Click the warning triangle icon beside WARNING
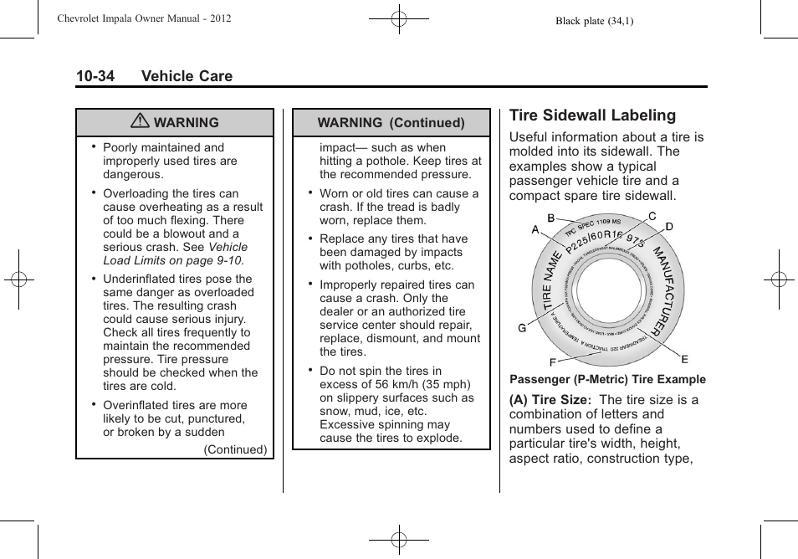pos(141,122)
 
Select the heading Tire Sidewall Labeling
pos(592,115)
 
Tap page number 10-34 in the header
pos(95,76)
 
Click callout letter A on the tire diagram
pos(535,229)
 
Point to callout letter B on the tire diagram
pos(551,218)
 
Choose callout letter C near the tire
pos(652,216)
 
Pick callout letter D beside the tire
pos(669,227)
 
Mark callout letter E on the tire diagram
pos(684,359)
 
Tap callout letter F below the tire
pos(553,362)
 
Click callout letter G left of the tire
pos(522,328)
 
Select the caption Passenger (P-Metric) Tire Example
pos(607,379)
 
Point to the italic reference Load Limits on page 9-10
pos(172,260)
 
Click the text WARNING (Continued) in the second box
pos(391,122)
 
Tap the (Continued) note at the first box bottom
pos(236,449)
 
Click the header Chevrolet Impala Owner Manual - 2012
pos(143,18)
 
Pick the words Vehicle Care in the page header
pos(187,76)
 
